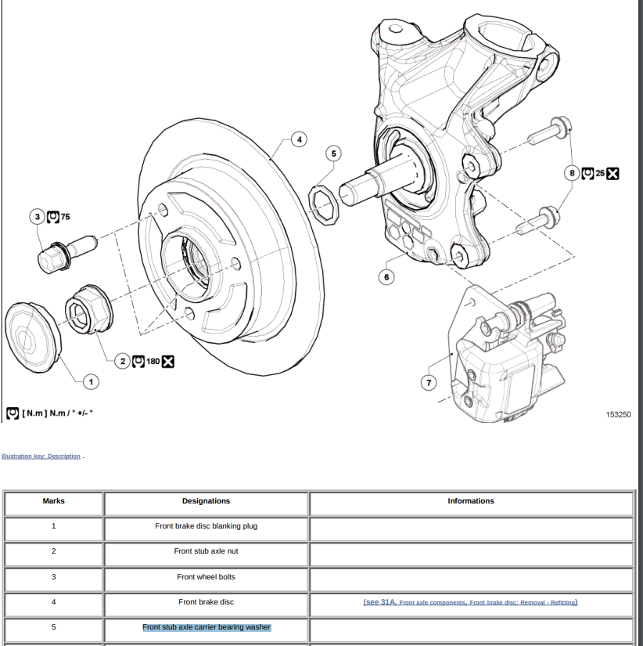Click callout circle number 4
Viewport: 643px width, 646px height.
tap(298, 140)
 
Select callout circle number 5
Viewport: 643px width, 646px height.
tap(334, 153)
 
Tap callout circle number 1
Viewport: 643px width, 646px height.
tap(91, 381)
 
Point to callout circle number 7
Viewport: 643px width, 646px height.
tap(428, 382)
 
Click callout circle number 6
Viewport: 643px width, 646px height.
tap(386, 276)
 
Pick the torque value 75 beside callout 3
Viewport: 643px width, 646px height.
tap(65, 216)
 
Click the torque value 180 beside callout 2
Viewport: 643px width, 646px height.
tap(153, 361)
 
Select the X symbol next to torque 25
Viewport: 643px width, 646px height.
tap(613, 173)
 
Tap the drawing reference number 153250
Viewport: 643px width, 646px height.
tap(618, 414)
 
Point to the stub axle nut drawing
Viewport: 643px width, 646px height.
tap(88, 311)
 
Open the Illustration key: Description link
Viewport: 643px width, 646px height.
tap(41, 457)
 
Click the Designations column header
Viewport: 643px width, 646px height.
tap(206, 501)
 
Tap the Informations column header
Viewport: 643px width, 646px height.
tap(471, 501)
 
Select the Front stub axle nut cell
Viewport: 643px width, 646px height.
tap(206, 551)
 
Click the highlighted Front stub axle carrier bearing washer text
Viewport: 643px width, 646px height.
tap(206, 627)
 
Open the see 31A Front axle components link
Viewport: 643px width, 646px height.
tap(471, 602)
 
